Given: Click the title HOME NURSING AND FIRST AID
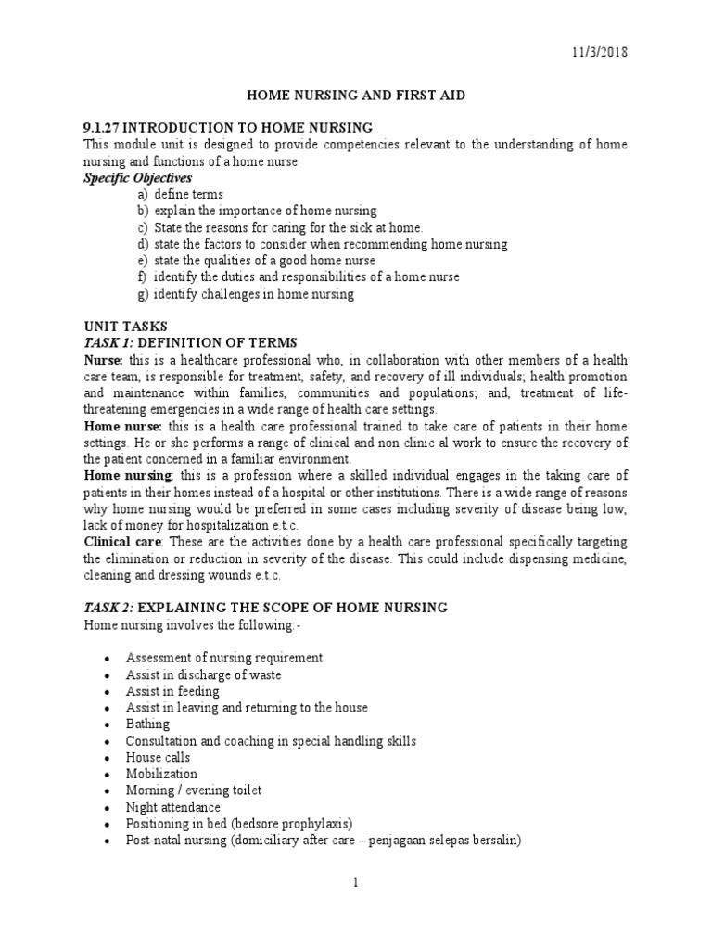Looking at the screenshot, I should click(355, 95).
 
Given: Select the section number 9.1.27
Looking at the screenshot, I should click(102, 127).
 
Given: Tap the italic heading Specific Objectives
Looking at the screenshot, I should click(126, 177).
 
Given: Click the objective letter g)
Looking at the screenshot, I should click(142, 294).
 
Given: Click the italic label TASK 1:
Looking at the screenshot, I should click(108, 343).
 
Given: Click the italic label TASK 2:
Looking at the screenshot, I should click(108, 608).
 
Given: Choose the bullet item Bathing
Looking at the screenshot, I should click(147, 724).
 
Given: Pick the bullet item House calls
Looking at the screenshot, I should click(159, 757).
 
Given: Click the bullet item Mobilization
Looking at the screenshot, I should click(161, 774).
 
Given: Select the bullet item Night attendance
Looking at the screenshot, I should click(173, 807).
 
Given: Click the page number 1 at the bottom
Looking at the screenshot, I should click(355, 882).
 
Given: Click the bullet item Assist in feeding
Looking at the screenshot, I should click(173, 691).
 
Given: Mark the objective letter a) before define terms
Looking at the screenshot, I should click(142, 194).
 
